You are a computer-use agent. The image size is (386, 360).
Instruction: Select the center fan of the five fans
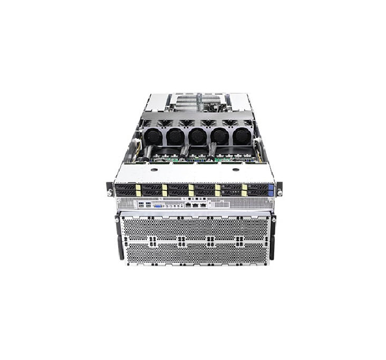[197, 136]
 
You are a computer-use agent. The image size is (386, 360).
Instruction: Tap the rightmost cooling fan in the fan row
[242, 136]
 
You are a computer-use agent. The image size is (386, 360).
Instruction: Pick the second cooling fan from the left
[174, 136]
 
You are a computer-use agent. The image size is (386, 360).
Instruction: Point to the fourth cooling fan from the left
[220, 136]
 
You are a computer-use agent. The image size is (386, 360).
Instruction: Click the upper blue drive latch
[271, 187]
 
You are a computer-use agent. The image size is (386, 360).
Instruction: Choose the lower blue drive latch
[271, 193]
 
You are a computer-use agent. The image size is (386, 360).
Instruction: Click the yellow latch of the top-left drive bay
[138, 187]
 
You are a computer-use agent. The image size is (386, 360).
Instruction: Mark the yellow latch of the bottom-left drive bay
[138, 193]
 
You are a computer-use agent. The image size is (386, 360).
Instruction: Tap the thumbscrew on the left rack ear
[110, 193]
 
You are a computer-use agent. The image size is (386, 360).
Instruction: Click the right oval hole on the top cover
[236, 170]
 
